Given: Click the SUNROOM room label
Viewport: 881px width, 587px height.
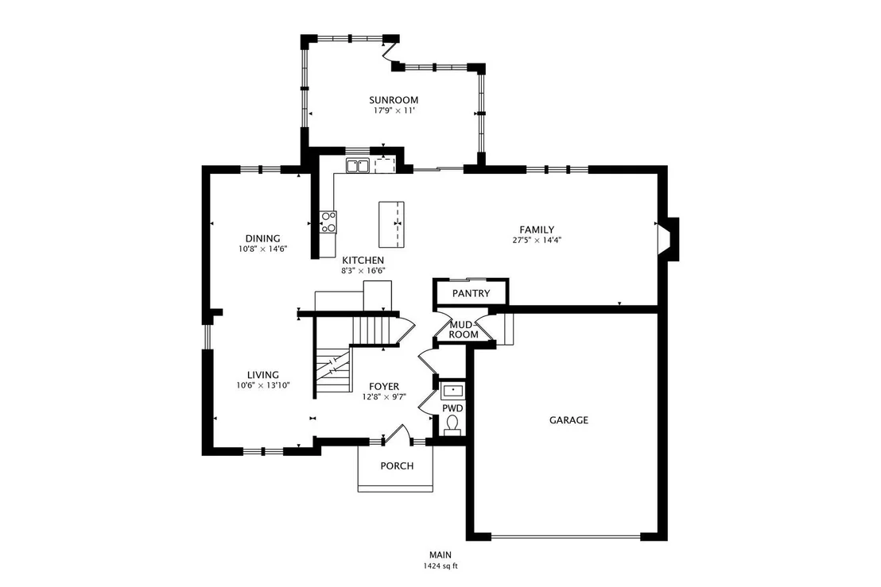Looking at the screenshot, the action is coord(394,100).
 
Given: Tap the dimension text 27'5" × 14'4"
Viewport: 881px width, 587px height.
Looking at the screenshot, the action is coord(537,240).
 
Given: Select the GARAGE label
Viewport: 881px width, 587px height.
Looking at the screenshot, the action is coord(569,419).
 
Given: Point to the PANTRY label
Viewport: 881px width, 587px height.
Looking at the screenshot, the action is coord(471,293).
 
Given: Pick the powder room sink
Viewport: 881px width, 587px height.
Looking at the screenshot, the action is coord(452,390).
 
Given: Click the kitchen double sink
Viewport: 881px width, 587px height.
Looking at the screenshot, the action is coord(357,165).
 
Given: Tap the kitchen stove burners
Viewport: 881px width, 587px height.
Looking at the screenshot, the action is coord(328,222).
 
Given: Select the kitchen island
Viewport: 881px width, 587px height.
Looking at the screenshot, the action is coord(391,224).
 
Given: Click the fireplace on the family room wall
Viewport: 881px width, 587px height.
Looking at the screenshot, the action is coord(669,240).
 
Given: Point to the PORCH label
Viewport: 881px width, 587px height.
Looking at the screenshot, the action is coord(397,465).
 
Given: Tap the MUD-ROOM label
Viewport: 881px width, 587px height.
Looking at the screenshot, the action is coord(463,330).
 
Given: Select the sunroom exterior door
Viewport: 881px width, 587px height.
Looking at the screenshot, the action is coord(389,52).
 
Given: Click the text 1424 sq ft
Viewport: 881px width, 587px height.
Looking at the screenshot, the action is coord(440,566).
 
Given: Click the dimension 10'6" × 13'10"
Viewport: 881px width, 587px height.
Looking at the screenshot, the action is coord(263,385).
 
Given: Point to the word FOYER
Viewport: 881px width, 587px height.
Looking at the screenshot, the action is coord(384,387).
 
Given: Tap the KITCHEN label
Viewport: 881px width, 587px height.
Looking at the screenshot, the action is coord(363,261).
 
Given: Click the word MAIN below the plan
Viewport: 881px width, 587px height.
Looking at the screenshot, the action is coord(440,555).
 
